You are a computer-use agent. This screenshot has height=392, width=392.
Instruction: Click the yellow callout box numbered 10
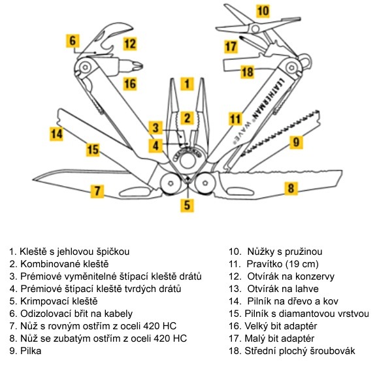click(263, 10)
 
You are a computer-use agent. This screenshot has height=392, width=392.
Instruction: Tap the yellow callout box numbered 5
click(188, 205)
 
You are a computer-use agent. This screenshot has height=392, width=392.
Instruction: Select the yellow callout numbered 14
click(58, 134)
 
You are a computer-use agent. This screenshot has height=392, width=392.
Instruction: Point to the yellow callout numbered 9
click(296, 141)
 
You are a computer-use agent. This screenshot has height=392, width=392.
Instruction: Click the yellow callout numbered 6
click(73, 41)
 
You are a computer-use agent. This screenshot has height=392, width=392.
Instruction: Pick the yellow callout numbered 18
click(247, 72)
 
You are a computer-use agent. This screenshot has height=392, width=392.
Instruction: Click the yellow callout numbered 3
click(155, 127)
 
